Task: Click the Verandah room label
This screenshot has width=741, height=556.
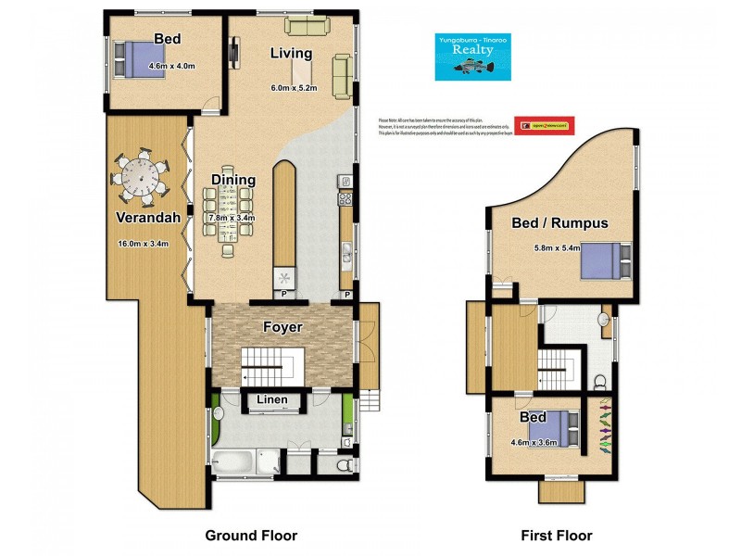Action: pos(143,218)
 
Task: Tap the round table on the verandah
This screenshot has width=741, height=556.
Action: pos(142,176)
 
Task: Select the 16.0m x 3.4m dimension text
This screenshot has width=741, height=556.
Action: pos(143,244)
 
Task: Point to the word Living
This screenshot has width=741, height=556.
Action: pos(291,53)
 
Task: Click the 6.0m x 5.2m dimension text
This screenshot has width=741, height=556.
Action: pos(294,88)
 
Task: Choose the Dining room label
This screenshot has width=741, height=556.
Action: pos(232,179)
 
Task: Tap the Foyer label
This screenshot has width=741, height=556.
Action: pos(283,327)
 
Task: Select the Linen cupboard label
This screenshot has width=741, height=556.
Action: pos(271,400)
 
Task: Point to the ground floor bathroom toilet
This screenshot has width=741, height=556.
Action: pos(345,464)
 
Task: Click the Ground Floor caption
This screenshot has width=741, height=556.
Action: pos(250,535)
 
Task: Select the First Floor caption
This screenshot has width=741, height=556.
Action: pos(555,535)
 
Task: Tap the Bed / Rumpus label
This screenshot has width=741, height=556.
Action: pos(559,222)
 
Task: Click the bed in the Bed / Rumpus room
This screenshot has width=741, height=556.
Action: pos(605,259)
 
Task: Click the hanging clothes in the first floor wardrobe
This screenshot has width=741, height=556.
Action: pos(606,426)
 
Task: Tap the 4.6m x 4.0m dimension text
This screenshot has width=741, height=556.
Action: pos(168,65)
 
